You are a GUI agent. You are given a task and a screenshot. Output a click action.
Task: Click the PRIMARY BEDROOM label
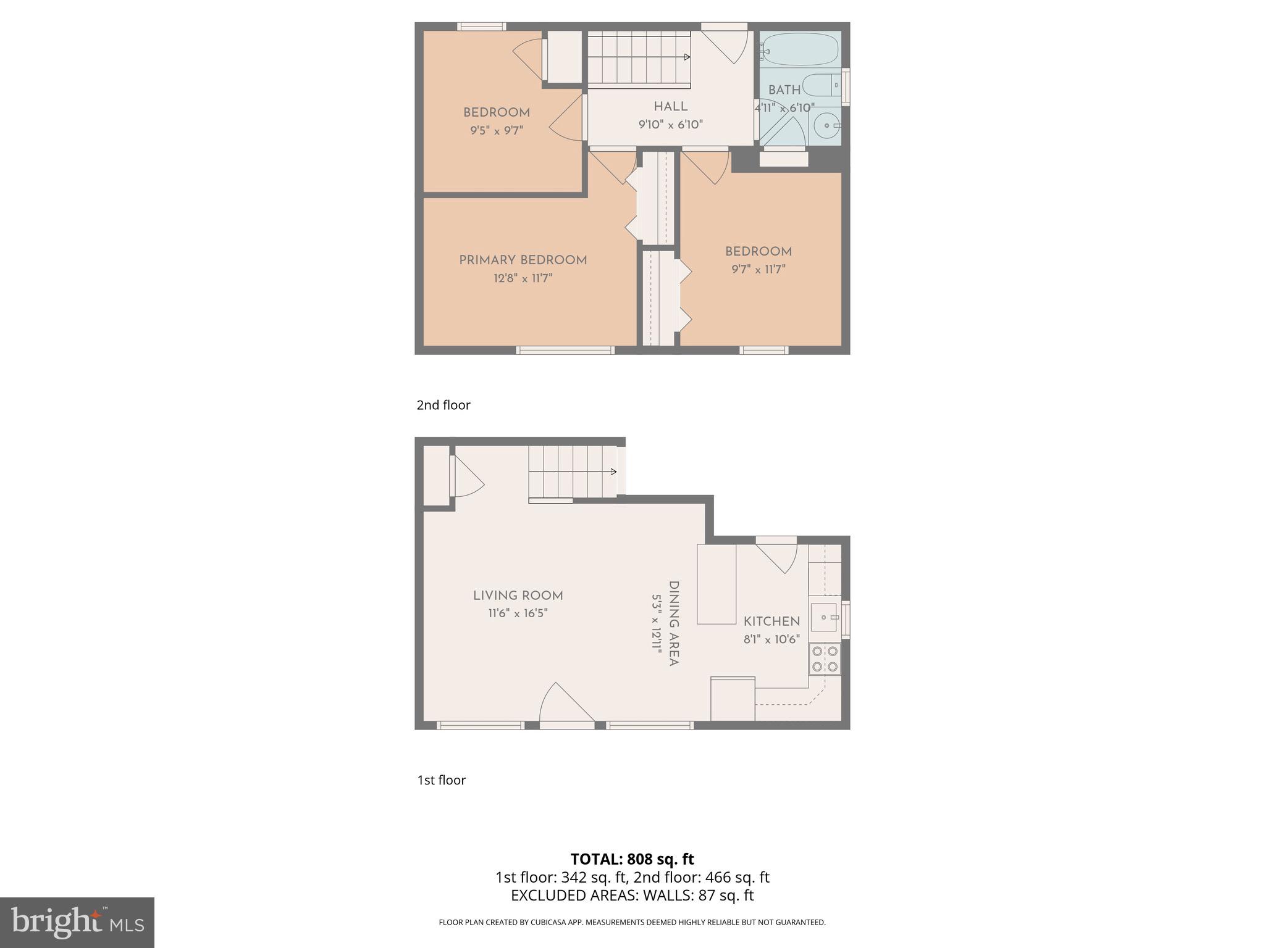[x=523, y=260]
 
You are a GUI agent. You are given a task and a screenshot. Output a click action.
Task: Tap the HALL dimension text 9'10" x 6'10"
[x=670, y=125]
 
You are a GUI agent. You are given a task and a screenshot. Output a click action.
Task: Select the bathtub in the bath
[x=799, y=49]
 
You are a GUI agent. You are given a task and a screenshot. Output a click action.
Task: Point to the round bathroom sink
[x=825, y=127]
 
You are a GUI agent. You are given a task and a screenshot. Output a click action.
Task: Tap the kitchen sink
[x=824, y=617]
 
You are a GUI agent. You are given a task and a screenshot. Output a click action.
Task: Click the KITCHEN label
[x=771, y=622]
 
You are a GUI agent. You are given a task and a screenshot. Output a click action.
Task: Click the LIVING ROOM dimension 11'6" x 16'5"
[x=518, y=613]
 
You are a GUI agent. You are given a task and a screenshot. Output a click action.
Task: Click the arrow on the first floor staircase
[x=613, y=472]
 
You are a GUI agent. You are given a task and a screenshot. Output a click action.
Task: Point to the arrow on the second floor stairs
[x=687, y=57]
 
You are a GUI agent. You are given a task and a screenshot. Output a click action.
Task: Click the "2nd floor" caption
[x=443, y=405]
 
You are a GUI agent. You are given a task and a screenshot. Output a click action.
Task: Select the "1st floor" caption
[x=442, y=780]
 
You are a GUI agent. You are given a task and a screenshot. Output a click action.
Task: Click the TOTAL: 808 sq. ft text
[x=632, y=859]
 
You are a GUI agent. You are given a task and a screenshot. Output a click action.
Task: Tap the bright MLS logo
[x=77, y=923]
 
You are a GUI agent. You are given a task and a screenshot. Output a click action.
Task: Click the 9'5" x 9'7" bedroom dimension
[x=496, y=131]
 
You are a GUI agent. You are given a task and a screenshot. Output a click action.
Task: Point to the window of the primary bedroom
[x=565, y=350]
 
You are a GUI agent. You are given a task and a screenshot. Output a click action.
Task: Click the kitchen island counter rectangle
[x=717, y=584]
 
